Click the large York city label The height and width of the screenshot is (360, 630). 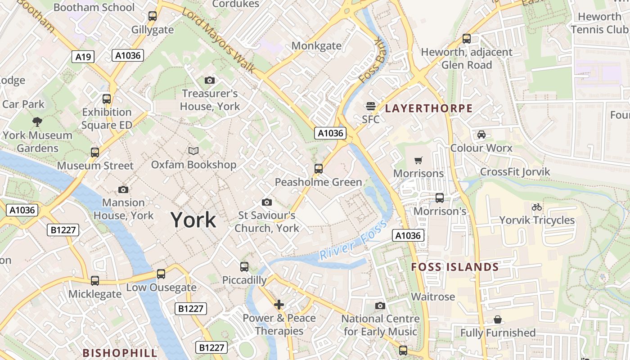tap(193, 220)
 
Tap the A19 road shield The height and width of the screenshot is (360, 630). tap(83, 57)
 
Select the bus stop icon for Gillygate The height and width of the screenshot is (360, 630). tap(153, 16)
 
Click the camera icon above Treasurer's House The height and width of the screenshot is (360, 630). tap(210, 81)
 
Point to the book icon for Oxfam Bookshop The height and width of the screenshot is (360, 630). tap(193, 151)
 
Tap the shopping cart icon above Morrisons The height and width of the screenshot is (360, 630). tap(418, 160)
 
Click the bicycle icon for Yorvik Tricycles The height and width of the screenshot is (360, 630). tap(536, 207)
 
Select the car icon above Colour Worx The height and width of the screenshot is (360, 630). tap(481, 135)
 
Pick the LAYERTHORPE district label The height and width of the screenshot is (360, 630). tap(429, 108)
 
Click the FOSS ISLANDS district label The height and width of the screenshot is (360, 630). tap(455, 267)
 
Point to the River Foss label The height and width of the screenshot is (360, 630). tap(353, 239)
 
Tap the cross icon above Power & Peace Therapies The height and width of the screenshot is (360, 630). tap(279, 305)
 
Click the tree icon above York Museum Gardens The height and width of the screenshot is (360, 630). tap(37, 121)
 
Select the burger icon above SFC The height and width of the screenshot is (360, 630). tap(371, 106)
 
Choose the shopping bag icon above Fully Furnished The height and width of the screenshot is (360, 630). tap(498, 319)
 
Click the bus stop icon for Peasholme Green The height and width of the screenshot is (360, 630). tap(319, 169)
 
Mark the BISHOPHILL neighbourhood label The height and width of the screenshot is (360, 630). tap(120, 353)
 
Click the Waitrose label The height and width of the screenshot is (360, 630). tap(433, 297)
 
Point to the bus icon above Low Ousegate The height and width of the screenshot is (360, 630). tap(161, 274)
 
